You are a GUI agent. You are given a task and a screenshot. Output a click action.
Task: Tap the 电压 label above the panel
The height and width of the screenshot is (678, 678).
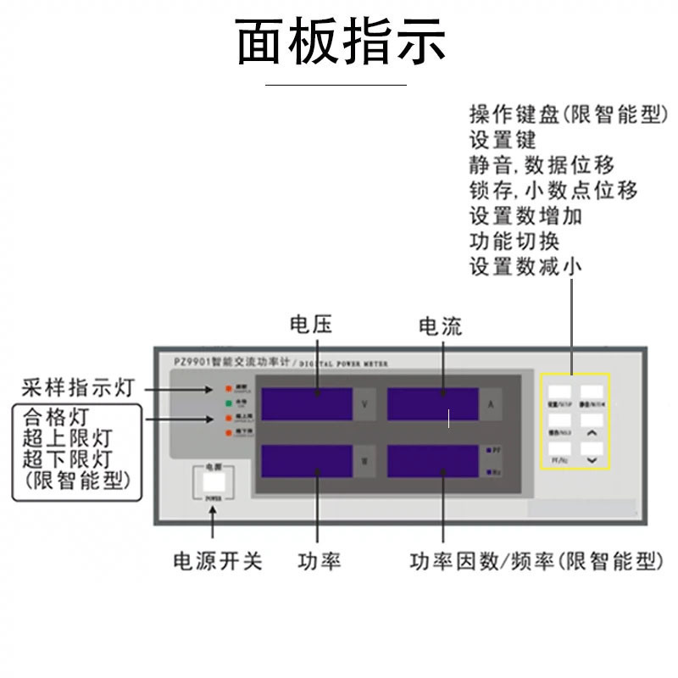pyautogui.click(x=311, y=325)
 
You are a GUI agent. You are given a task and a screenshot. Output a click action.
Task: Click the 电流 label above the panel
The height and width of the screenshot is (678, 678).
pyautogui.click(x=441, y=325)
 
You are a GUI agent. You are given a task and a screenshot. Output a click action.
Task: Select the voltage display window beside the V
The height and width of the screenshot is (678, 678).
pyautogui.click(x=308, y=404)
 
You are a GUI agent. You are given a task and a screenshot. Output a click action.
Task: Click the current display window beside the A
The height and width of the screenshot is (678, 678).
pyautogui.click(x=432, y=404)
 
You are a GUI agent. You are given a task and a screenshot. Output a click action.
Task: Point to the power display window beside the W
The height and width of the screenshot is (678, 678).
pyautogui.click(x=308, y=461)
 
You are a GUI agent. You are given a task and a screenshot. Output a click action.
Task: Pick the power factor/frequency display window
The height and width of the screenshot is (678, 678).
pyautogui.click(x=432, y=461)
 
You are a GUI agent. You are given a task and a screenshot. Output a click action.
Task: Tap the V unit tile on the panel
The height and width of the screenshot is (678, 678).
pyautogui.click(x=364, y=404)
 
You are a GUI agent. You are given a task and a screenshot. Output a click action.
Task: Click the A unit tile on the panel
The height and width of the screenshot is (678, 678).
pyautogui.click(x=491, y=404)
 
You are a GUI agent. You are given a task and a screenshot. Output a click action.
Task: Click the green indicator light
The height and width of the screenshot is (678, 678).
pyautogui.click(x=228, y=403)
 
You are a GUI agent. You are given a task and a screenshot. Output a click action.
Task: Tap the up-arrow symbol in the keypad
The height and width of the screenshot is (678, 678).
pyautogui.click(x=592, y=432)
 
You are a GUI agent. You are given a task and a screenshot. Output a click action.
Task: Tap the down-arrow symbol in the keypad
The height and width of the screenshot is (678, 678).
pyautogui.click(x=592, y=458)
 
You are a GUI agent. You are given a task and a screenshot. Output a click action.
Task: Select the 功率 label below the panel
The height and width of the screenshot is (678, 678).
pyautogui.click(x=320, y=561)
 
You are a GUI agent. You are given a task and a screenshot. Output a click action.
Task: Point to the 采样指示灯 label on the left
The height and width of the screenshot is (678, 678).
pyautogui.click(x=77, y=389)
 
